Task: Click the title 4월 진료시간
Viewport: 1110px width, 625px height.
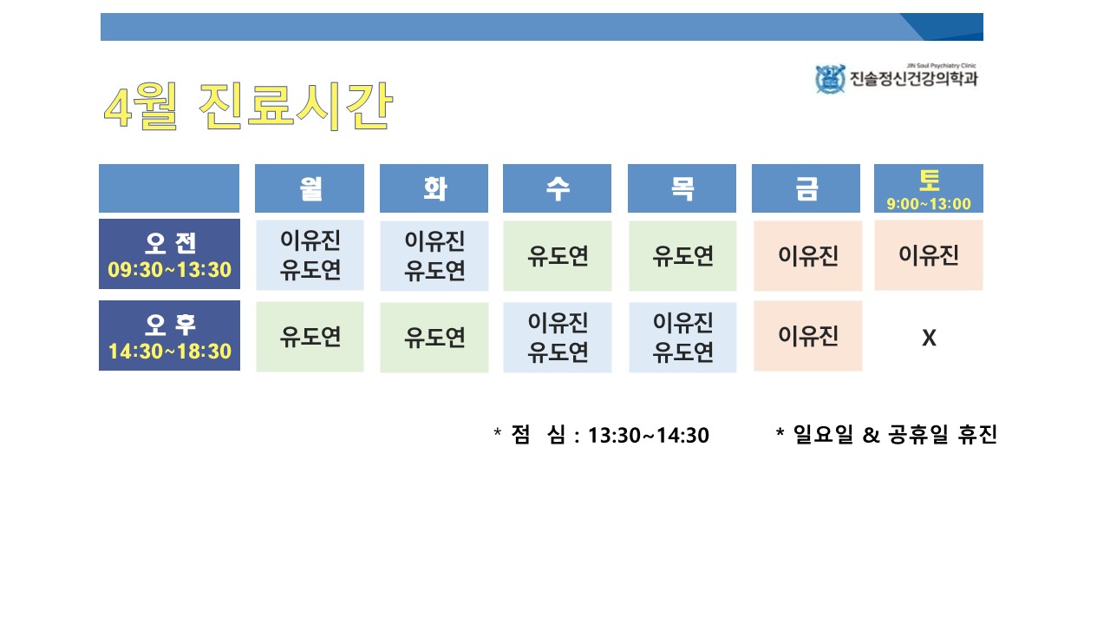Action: point(248,106)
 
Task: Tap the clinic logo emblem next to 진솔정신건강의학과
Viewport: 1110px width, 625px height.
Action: point(830,79)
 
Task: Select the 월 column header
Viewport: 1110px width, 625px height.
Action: point(310,188)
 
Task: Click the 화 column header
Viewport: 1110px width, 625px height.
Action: point(434,188)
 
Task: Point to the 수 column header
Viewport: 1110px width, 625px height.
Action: point(557,188)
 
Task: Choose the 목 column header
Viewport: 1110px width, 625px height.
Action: point(682,188)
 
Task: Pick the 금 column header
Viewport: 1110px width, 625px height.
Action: point(806,188)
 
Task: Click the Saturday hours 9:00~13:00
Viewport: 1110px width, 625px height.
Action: point(929,204)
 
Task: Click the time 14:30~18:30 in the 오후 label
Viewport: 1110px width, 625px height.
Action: point(170,352)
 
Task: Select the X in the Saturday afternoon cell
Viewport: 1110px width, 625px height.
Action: point(929,338)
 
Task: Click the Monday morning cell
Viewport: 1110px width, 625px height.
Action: point(310,255)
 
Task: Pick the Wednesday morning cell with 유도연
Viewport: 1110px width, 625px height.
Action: point(558,256)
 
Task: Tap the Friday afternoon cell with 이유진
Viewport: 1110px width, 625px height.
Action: point(808,336)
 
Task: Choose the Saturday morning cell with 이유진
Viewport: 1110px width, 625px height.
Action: point(929,255)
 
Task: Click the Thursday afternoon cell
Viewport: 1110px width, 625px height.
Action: point(682,338)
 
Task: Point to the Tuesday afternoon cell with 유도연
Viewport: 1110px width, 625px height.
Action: point(434,338)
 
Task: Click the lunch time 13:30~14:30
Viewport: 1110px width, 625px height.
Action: point(648,436)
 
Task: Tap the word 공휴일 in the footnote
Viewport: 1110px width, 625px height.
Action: point(917,435)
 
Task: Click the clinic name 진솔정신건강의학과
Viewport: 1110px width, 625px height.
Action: point(914,79)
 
